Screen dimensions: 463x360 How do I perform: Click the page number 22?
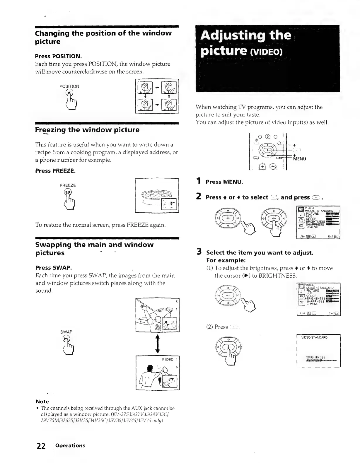point(41,446)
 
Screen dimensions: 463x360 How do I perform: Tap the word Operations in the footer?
point(70,445)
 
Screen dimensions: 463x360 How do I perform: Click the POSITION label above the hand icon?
point(69,86)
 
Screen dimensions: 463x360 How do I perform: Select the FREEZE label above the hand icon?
point(68,185)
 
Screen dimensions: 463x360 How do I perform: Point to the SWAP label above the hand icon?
point(66,332)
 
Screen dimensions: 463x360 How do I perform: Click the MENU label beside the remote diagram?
point(300,159)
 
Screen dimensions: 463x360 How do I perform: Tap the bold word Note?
point(42,402)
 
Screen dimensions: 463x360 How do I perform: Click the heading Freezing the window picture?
point(87,130)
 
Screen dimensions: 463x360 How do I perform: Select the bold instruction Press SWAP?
point(54,268)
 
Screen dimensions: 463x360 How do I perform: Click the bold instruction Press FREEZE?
point(55,171)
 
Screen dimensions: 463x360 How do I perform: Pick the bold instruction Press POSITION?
point(58,56)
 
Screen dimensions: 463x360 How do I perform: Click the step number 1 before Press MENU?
point(199,182)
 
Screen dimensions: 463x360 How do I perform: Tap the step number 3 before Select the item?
point(199,252)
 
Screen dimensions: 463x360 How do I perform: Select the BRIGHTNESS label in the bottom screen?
point(315,357)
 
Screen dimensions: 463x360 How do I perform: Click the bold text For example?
point(226,260)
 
